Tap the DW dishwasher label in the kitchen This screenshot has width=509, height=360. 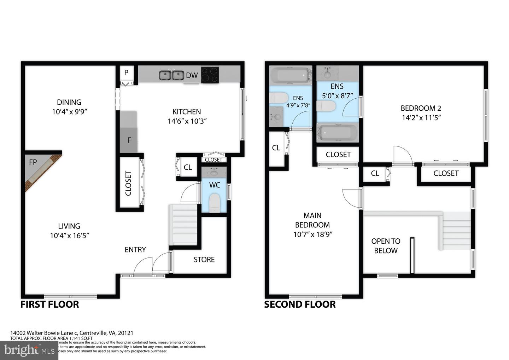[192, 75]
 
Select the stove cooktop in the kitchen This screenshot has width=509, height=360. [210, 75]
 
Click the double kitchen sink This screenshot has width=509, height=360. [171, 75]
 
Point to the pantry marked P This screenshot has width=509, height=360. [126, 73]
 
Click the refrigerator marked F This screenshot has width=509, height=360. [129, 140]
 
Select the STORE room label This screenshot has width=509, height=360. [204, 260]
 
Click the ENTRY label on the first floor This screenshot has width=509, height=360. [135, 250]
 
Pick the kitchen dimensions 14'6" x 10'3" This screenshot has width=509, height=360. [187, 121]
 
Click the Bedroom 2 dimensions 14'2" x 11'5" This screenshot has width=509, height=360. [421, 118]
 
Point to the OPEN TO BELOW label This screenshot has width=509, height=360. [386, 246]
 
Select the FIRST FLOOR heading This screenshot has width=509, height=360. [49, 304]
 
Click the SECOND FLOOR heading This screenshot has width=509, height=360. [300, 304]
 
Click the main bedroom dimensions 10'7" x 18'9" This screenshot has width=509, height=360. [313, 234]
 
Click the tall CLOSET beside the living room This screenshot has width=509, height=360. [129, 183]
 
